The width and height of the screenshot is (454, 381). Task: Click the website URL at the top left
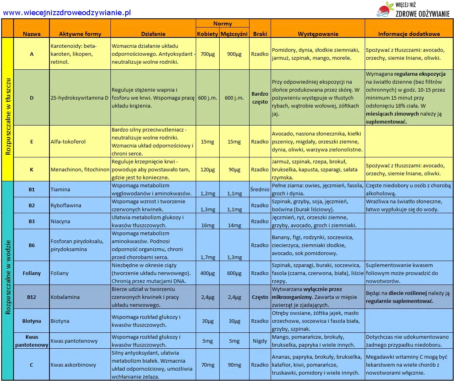[x=67, y=13]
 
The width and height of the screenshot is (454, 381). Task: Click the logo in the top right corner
[x=413, y=10]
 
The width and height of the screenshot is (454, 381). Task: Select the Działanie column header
[x=153, y=34]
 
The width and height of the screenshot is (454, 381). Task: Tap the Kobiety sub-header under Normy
[x=208, y=34]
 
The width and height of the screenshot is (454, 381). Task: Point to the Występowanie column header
[x=318, y=34]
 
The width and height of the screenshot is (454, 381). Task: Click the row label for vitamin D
[x=31, y=98]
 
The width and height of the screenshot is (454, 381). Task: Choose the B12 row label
[x=31, y=297]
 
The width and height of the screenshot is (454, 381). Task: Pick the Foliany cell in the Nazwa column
[x=31, y=273]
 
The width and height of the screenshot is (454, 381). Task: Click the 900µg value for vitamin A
[x=234, y=54]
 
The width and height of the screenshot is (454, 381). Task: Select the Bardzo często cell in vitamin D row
[x=260, y=98]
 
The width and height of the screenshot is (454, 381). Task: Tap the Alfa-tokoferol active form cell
[x=68, y=141]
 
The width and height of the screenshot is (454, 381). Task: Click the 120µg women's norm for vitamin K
[x=208, y=169]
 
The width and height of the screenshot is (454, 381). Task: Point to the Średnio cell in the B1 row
[x=260, y=189]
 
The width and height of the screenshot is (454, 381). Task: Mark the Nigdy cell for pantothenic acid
[x=260, y=341]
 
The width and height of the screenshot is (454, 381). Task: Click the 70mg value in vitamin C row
[x=208, y=365]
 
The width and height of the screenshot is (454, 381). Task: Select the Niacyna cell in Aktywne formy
[x=60, y=221]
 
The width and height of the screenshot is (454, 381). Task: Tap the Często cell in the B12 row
[x=260, y=297]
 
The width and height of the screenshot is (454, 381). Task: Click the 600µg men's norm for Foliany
[x=234, y=273]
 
